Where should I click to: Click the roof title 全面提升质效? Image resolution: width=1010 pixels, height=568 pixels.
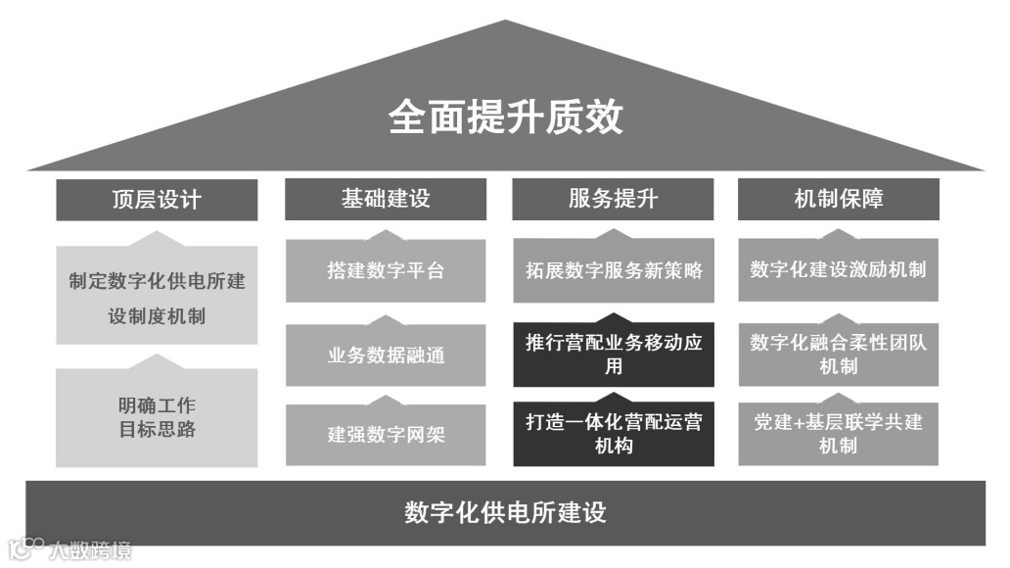[x=505, y=118]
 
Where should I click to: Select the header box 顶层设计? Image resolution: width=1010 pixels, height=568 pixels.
[x=157, y=200]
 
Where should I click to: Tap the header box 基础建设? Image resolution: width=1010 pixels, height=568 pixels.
[x=386, y=200]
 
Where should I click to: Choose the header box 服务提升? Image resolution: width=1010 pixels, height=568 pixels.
[x=614, y=200]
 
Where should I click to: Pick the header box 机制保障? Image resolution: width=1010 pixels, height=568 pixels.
[x=838, y=200]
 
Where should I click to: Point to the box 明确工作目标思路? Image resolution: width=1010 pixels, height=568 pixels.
[x=157, y=416]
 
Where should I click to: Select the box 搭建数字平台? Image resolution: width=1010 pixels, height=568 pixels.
[x=386, y=270]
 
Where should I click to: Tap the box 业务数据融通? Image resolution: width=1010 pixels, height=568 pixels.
[x=386, y=355]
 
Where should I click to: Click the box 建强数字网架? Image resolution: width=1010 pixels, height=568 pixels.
[x=386, y=434]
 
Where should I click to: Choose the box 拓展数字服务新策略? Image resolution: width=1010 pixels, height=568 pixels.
[x=614, y=270]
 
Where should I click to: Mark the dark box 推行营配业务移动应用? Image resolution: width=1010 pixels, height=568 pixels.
[x=614, y=355]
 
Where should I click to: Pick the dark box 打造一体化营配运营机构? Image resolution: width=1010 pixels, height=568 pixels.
[x=614, y=434]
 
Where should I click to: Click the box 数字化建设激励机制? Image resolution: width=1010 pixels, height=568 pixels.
[x=838, y=270]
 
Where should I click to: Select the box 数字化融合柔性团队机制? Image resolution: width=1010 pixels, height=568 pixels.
[x=838, y=355]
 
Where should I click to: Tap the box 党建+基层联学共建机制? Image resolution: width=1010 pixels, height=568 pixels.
[x=838, y=434]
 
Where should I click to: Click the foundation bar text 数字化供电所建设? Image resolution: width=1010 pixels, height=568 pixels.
[x=505, y=512]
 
